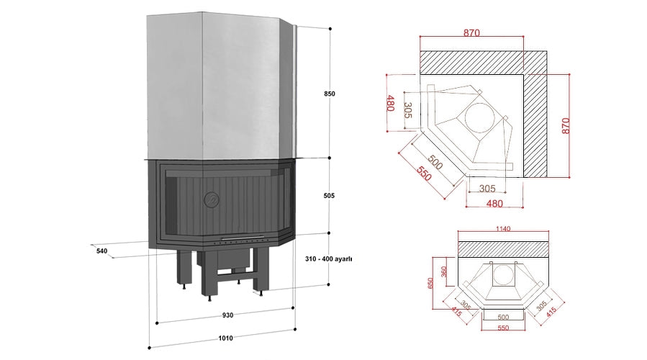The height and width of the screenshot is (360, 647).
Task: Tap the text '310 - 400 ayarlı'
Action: [x=327, y=258]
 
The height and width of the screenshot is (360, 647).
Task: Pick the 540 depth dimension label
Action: [x=101, y=251]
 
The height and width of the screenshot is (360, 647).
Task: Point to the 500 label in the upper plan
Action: [x=434, y=163]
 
